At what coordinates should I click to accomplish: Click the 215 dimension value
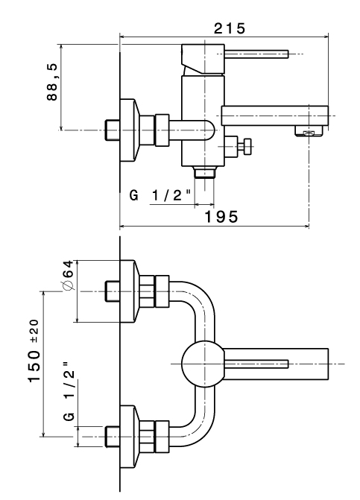point(230,28)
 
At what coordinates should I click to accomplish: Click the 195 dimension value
point(221,217)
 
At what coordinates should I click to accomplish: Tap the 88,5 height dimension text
point(52,82)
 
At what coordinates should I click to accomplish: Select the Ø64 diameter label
point(69,275)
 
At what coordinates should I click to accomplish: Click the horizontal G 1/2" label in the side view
point(160,194)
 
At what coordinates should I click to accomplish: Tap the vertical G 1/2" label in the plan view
point(69,392)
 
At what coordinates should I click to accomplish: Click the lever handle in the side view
point(256,54)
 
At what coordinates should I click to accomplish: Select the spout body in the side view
point(275,115)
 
